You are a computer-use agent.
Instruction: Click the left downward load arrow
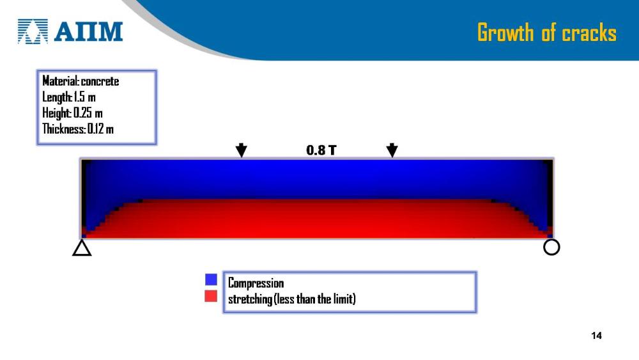[x=242, y=150]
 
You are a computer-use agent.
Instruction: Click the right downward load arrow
[x=392, y=150]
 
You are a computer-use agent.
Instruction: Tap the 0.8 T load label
[x=321, y=150]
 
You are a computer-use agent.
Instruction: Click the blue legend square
[x=211, y=279]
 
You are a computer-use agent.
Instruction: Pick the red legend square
[x=211, y=296]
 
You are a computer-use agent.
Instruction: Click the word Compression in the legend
[x=256, y=283]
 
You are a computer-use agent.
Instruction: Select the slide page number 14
[x=596, y=336]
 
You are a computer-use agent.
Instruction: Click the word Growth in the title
[x=505, y=33]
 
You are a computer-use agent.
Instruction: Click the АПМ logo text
[x=88, y=31]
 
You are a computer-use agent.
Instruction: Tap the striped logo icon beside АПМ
[x=33, y=31]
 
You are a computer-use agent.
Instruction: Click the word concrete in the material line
[x=100, y=81]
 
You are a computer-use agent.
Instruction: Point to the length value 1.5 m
[x=85, y=97]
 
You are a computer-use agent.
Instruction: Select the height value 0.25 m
[x=88, y=113]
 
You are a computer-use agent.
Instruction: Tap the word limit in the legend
[x=343, y=299]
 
